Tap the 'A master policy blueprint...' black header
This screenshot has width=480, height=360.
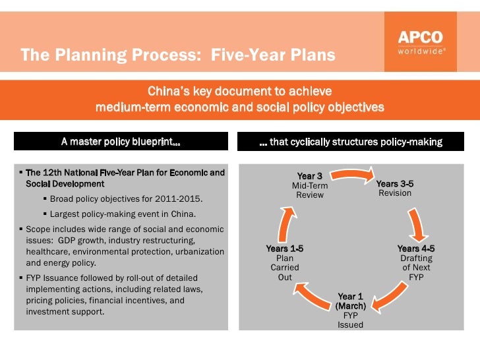[x=121, y=142]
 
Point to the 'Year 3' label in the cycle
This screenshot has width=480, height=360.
[x=310, y=176]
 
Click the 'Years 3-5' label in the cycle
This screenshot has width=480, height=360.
[x=395, y=184]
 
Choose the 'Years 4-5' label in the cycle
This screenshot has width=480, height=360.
[x=416, y=249]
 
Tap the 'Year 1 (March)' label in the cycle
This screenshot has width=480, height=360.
[x=350, y=301]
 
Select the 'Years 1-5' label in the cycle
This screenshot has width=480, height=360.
[x=284, y=249]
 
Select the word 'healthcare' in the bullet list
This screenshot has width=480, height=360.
[x=47, y=251]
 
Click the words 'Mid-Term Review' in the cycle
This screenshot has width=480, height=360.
[x=310, y=191]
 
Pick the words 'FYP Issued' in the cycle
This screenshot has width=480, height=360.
[x=350, y=320]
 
